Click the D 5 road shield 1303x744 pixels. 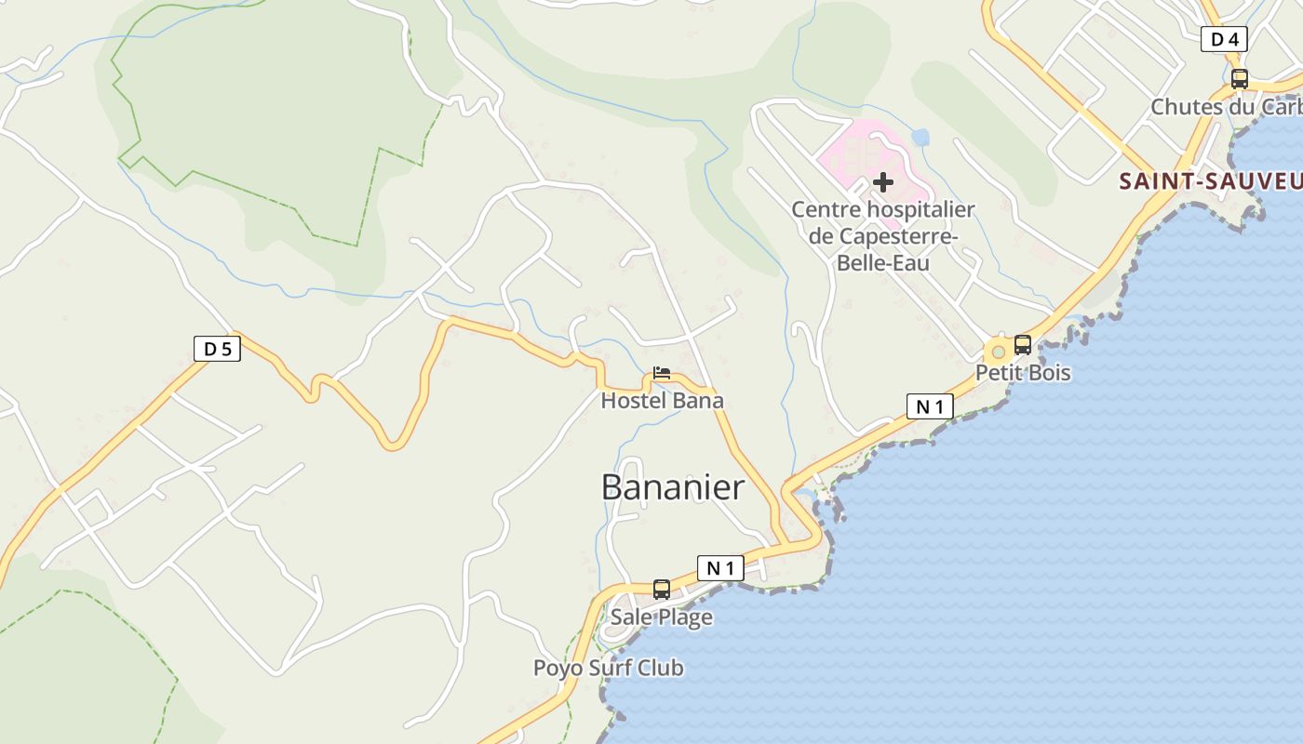point(217,349)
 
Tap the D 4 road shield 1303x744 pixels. point(1224,39)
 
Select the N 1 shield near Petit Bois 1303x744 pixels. point(930,406)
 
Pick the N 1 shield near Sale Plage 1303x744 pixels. point(720,568)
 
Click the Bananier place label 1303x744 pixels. point(673,487)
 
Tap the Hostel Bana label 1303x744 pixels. point(662,401)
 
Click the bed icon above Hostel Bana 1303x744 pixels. point(662,373)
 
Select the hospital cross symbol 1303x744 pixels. point(883,182)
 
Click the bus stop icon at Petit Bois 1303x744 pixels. point(1023,345)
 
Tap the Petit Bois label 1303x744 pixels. point(1023,373)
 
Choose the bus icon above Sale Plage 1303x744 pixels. point(662,589)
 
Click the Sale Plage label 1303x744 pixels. point(662,617)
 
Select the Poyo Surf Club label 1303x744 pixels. point(608,668)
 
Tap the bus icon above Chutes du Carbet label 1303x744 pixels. point(1240,79)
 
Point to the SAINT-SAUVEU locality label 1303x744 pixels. point(1210,181)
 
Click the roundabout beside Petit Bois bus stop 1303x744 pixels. point(999,352)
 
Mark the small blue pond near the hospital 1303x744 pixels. point(920,138)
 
